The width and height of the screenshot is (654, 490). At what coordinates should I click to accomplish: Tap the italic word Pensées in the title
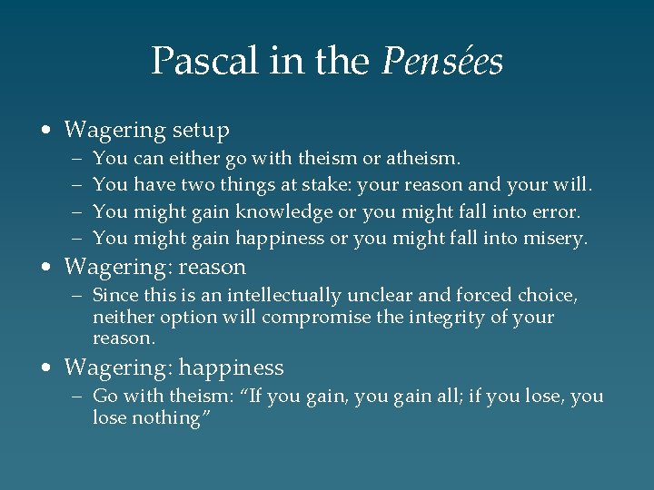pyautogui.click(x=442, y=62)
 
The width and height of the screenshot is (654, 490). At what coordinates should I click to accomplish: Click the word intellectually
pyautogui.click(x=284, y=296)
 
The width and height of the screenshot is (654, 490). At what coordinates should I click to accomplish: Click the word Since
pyautogui.click(x=114, y=296)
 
